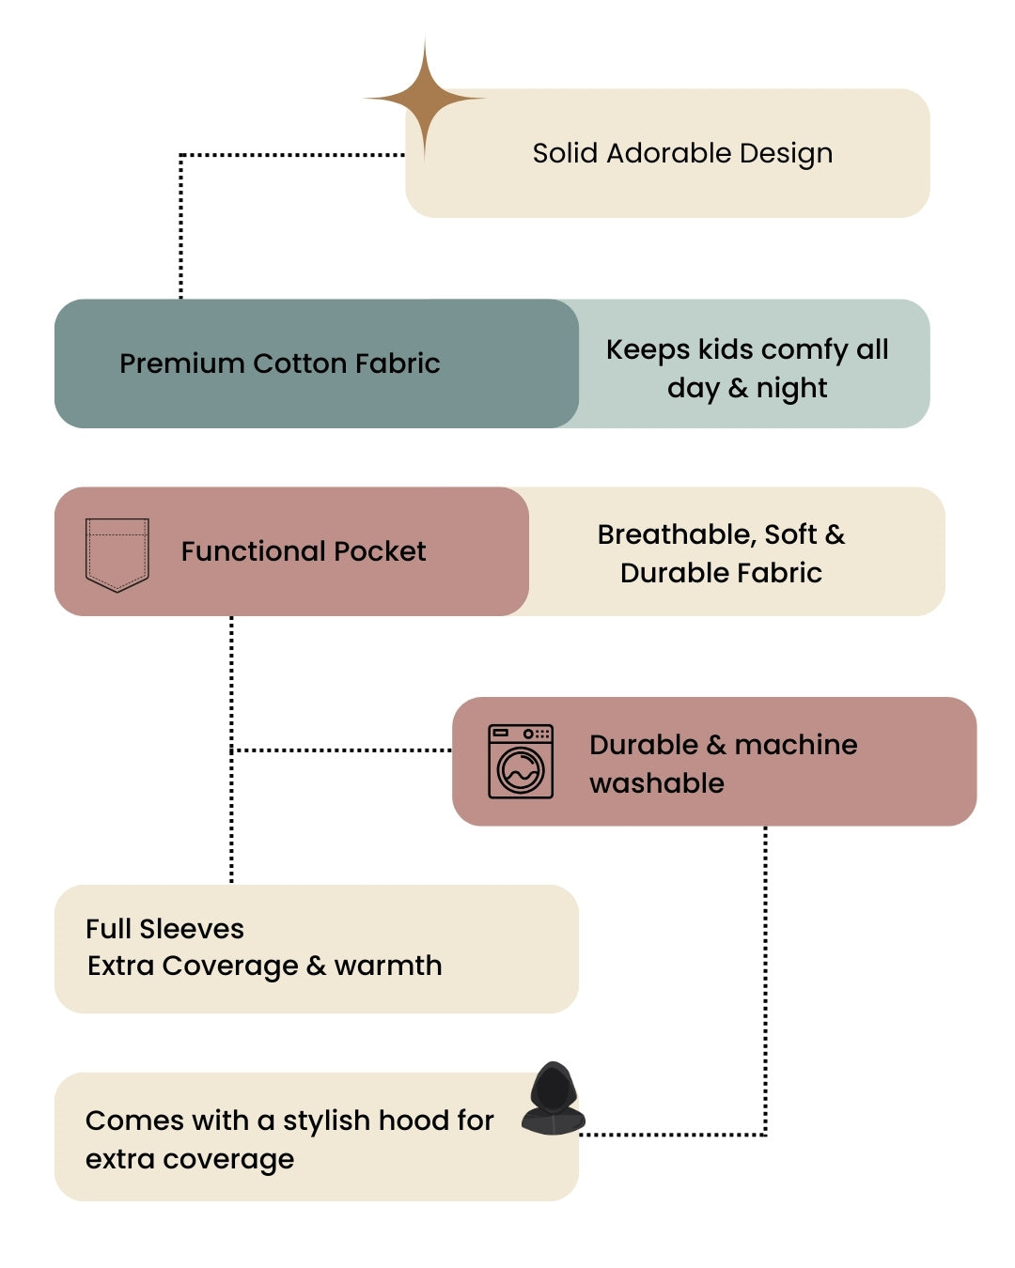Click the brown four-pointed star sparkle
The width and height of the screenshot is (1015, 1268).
[x=425, y=98]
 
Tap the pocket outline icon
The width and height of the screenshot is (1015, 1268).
[x=117, y=553]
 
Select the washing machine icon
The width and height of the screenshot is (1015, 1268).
[x=521, y=762]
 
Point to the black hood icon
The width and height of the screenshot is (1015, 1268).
[x=553, y=1099]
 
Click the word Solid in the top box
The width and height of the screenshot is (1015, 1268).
[x=566, y=153]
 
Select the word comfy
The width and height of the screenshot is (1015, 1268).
[x=804, y=350]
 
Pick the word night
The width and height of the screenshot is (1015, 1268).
[x=791, y=389]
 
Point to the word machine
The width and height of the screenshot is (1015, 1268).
[x=795, y=745]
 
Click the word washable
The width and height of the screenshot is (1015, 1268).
[x=657, y=783]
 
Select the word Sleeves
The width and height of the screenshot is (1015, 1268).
[x=192, y=929]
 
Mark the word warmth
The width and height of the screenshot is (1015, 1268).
[x=388, y=966]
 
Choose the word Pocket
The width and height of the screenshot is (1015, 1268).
[x=382, y=551]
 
